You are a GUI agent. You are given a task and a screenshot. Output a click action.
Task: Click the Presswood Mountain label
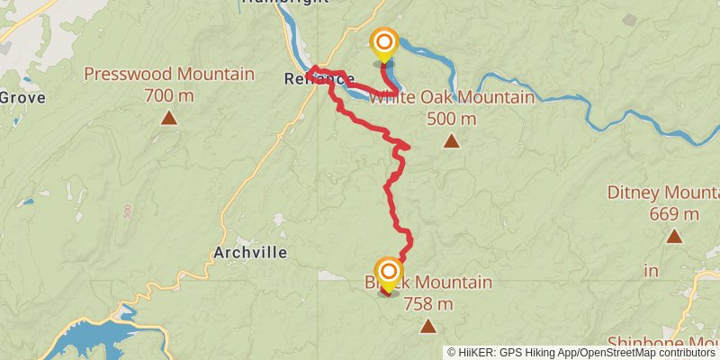pos(169,74)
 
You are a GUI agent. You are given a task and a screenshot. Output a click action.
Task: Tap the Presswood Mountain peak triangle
pos(168,117)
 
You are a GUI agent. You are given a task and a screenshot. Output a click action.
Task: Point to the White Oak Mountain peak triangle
pos(451,140)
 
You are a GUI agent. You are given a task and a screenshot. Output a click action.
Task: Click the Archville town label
pos(250,253)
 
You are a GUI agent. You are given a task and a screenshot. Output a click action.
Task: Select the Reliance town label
pos(318,79)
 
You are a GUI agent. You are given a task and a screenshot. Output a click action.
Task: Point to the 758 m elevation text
pos(427,303)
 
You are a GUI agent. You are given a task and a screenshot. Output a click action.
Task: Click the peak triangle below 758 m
pos(427,326)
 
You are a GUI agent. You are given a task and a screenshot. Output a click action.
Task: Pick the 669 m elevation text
pos(673,214)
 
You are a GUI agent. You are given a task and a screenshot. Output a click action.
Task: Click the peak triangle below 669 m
pos(673,236)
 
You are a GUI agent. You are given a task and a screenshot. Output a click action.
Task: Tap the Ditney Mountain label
pos(663,193)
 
